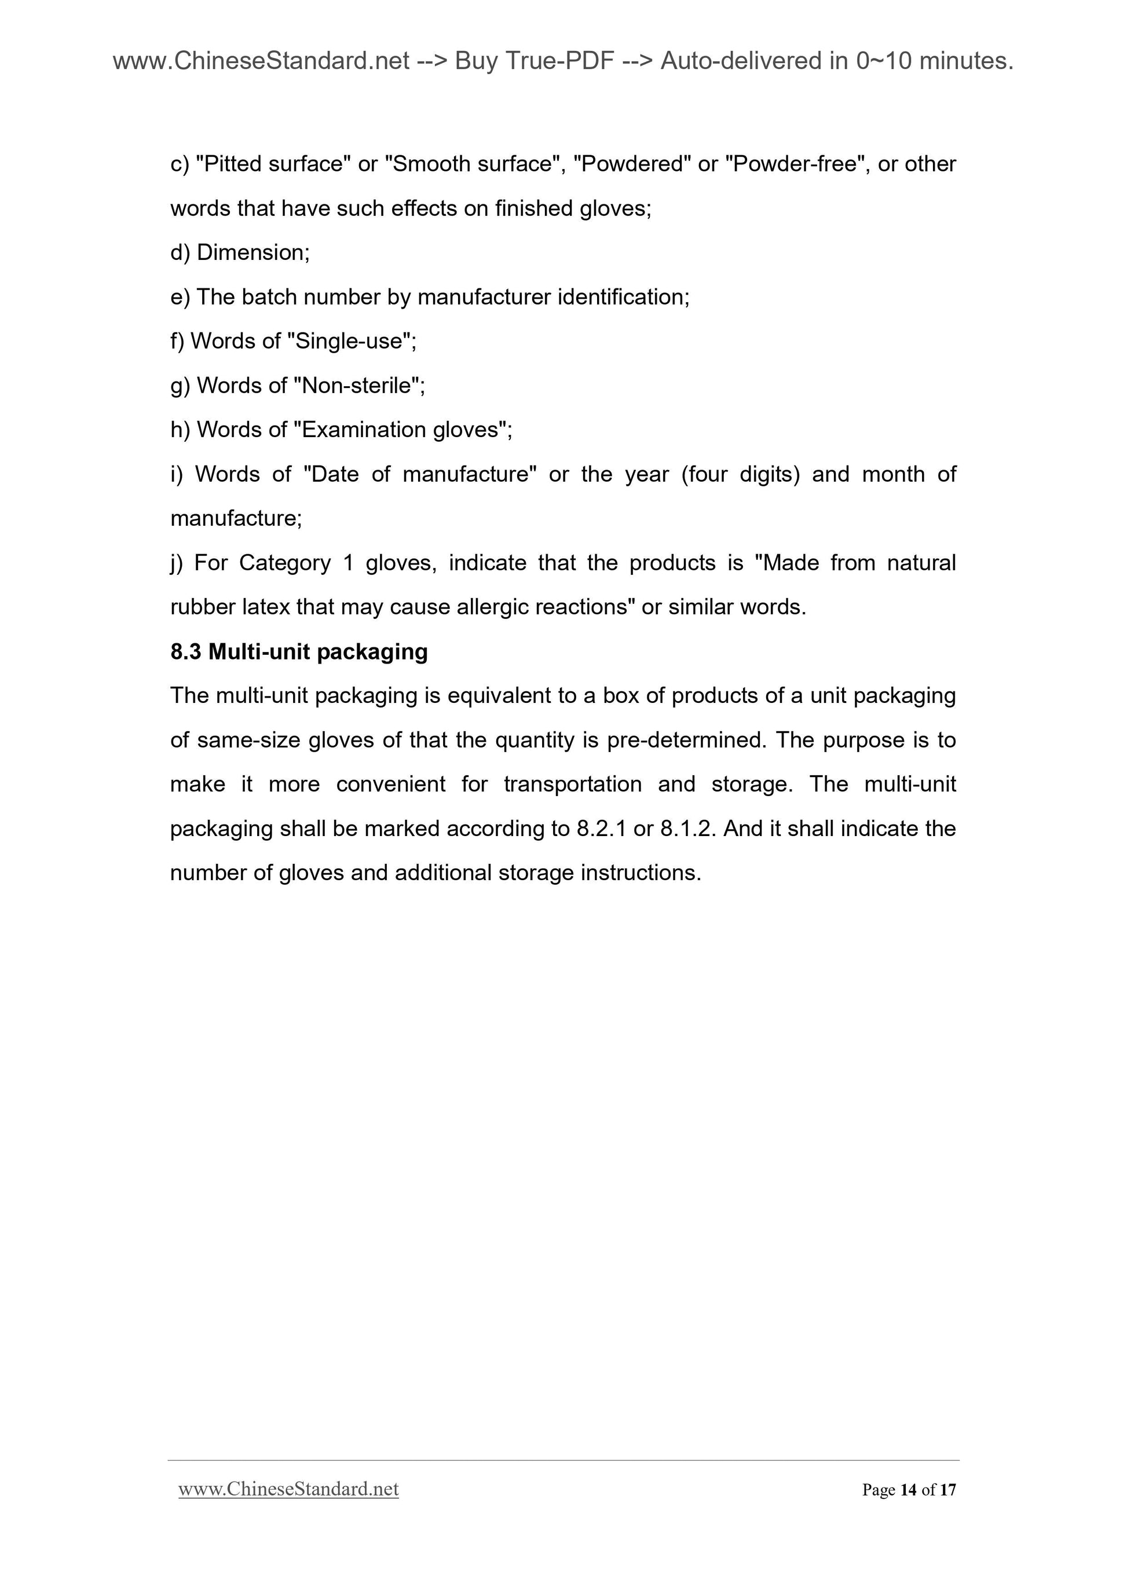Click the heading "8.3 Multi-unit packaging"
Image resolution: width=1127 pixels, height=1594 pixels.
pos(299,651)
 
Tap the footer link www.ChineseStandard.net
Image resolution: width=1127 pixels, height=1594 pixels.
pos(288,1489)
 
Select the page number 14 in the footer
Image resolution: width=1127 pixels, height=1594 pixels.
pos(908,1489)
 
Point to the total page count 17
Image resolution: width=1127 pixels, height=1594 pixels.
pos(948,1489)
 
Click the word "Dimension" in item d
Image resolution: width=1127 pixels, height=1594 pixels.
pos(250,252)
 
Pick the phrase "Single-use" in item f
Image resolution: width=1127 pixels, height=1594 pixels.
pos(349,341)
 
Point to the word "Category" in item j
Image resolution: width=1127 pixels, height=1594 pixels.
pos(285,562)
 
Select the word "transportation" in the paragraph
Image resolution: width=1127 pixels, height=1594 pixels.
pos(572,784)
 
